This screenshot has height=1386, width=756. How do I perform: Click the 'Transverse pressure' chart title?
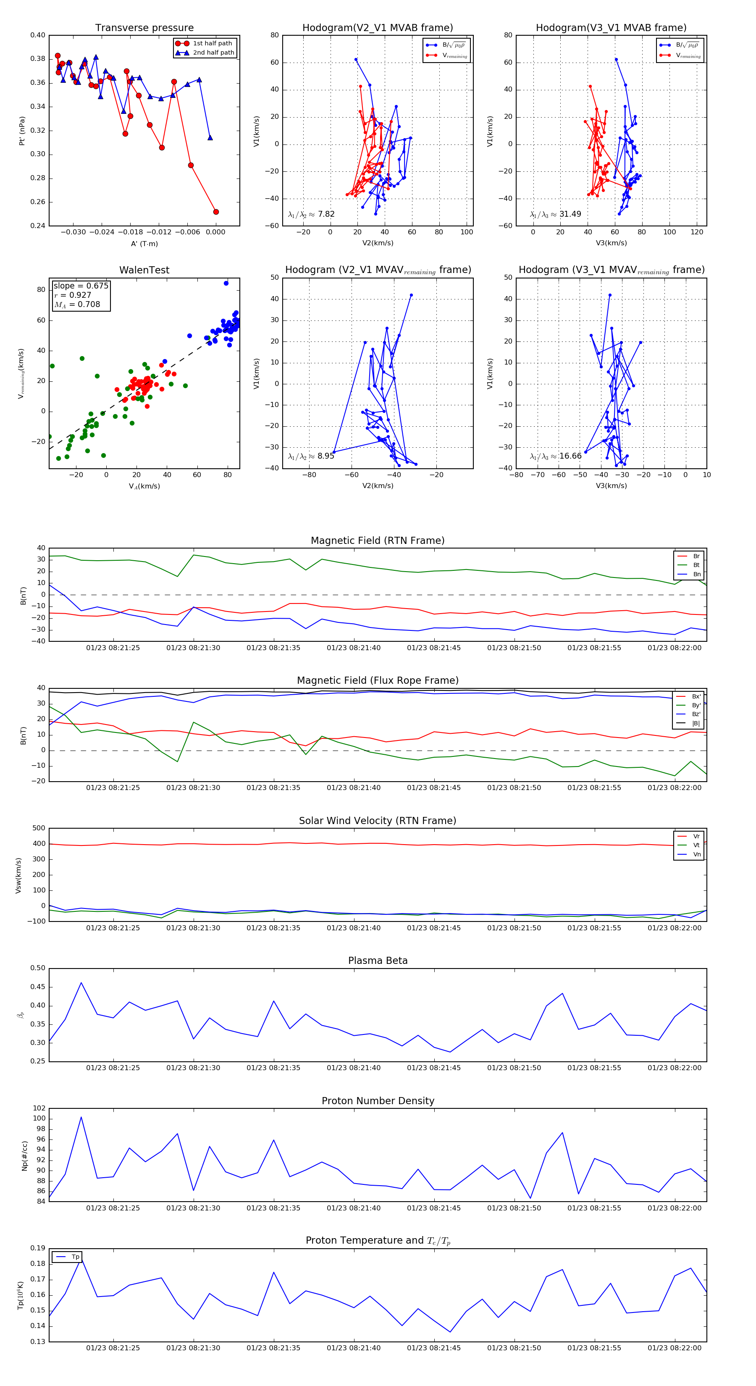(144, 28)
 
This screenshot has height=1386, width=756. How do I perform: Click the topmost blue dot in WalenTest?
(226, 283)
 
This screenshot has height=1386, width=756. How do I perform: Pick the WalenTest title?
(144, 270)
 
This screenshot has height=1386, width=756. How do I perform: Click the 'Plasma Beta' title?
(378, 961)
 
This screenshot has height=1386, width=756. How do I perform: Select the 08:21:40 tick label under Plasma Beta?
(354, 1068)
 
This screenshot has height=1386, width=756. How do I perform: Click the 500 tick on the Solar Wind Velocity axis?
(38, 828)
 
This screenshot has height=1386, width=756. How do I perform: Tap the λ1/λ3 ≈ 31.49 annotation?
(555, 214)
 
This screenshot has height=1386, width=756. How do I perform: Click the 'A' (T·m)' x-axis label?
(144, 244)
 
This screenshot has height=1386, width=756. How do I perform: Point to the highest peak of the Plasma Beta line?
(81, 983)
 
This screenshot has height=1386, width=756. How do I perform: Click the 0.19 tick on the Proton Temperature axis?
(38, 1248)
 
